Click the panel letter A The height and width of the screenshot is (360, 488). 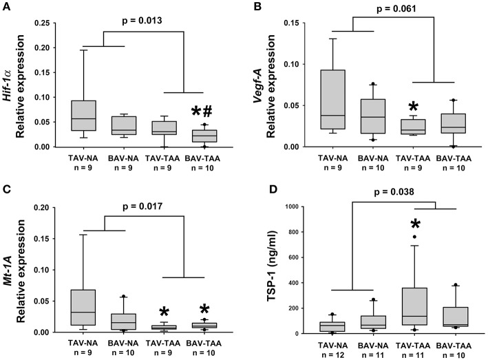click(7, 8)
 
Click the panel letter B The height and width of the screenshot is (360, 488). click(256, 8)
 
